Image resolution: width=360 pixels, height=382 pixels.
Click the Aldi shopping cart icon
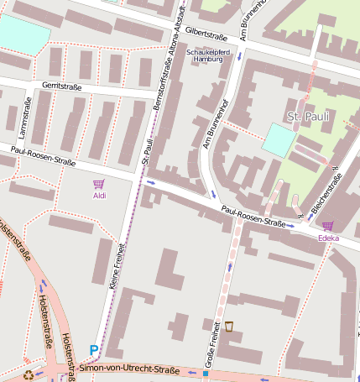tap(99, 184)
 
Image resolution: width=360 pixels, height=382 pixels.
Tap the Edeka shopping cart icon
tap(327, 226)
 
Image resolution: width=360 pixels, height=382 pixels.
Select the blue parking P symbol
tap(93, 350)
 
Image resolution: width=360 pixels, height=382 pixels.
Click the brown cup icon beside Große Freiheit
tap(228, 326)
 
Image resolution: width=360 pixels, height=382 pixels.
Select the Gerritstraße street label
tap(60, 86)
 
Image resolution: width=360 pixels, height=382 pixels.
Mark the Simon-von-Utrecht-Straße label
tap(130, 369)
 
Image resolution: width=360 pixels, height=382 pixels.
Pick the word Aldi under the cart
tap(99, 196)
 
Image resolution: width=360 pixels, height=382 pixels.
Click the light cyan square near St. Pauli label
tap(278, 139)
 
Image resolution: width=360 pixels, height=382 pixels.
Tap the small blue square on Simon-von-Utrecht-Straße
tap(204, 372)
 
